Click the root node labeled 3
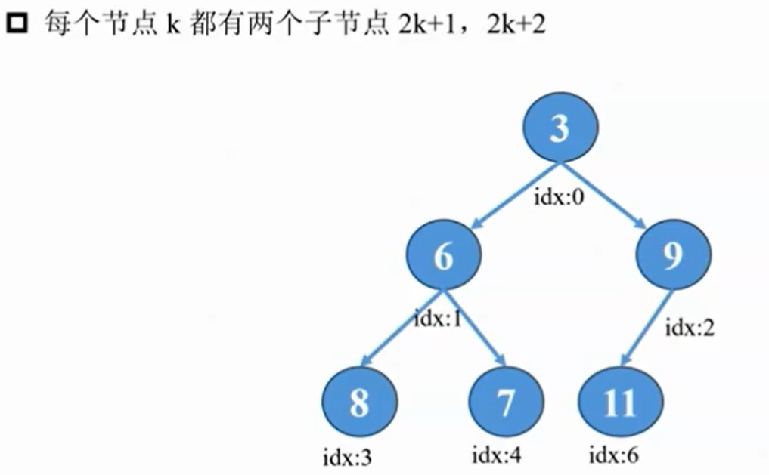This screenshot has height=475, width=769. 559,128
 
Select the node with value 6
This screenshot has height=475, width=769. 443,258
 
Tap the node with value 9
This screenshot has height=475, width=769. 672,258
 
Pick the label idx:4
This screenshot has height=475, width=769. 497,455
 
